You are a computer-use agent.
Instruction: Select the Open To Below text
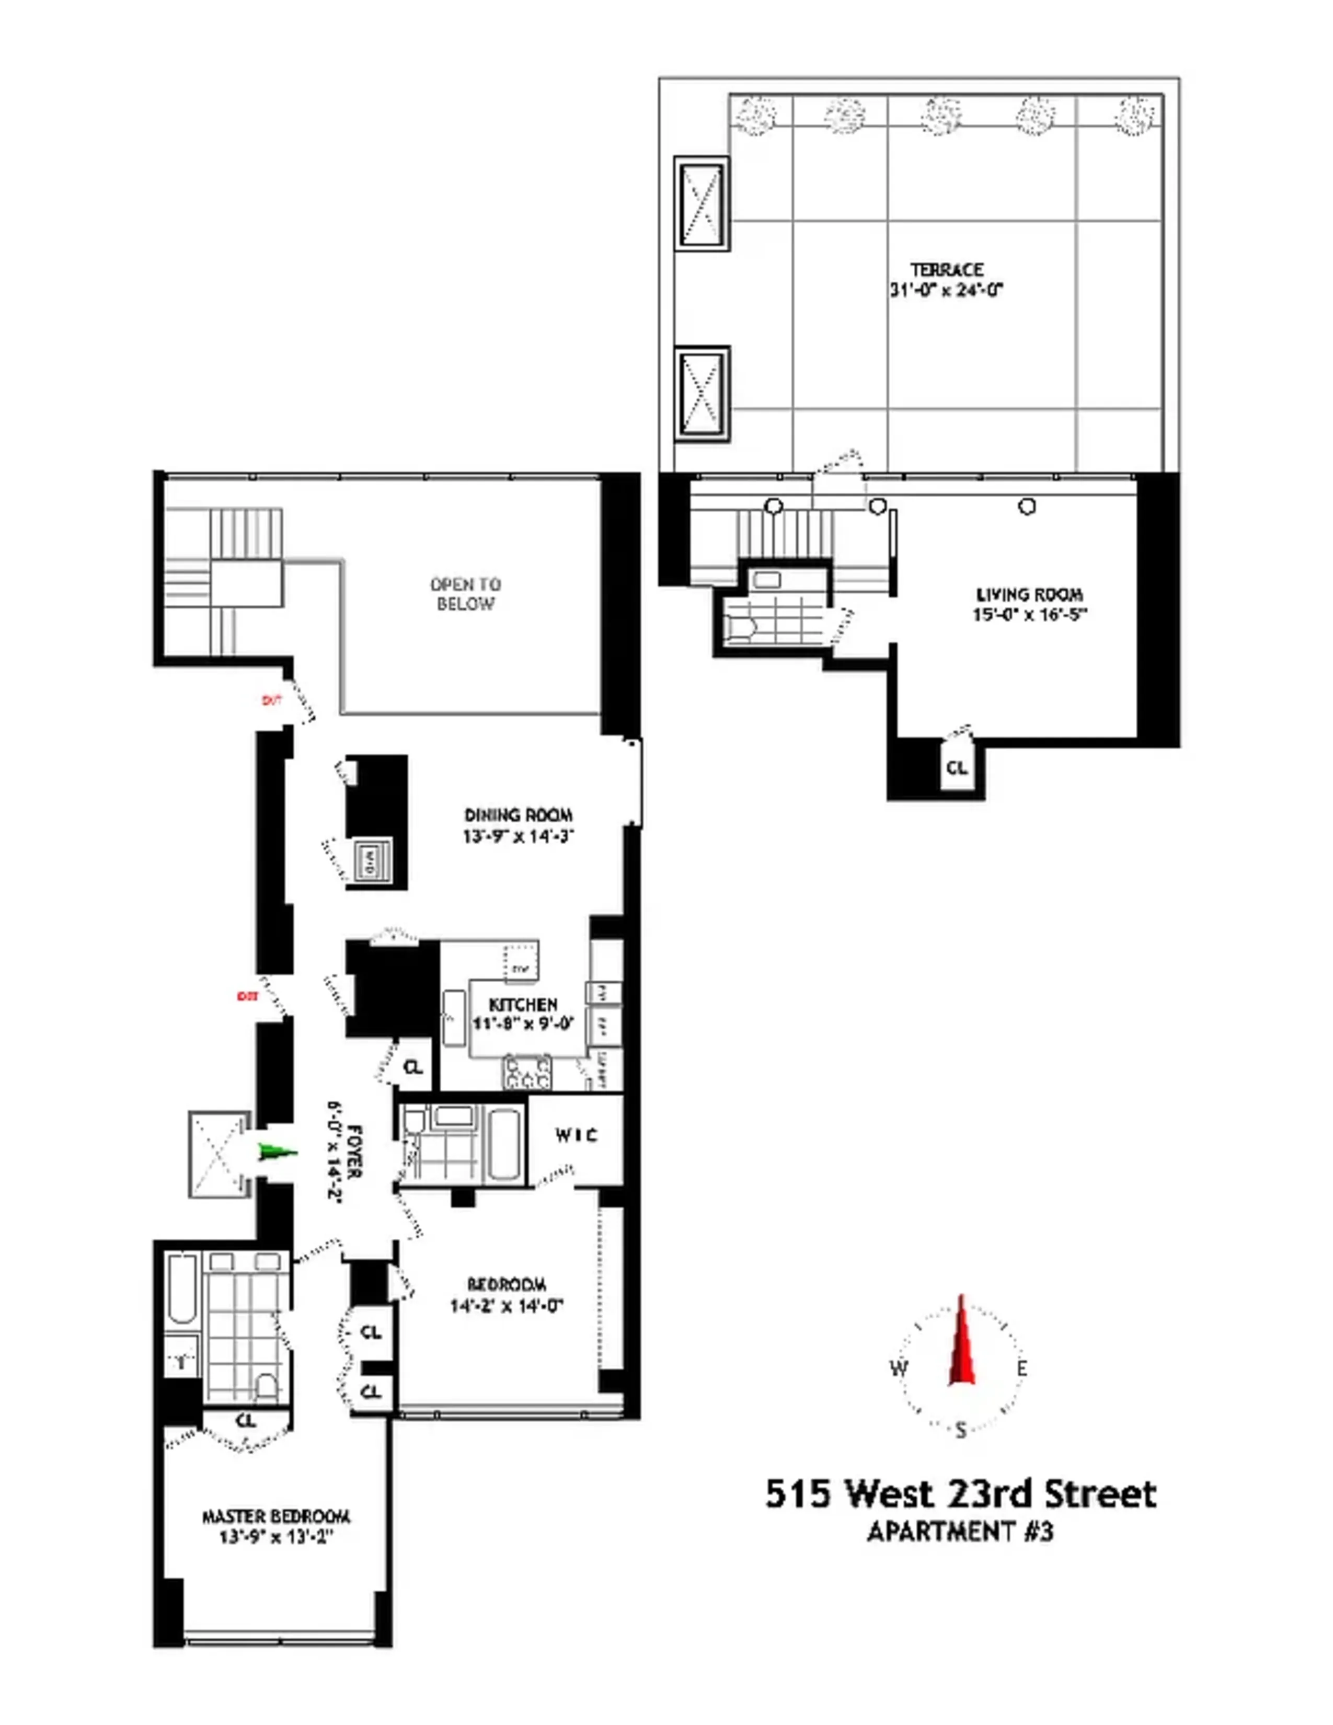coord(465,594)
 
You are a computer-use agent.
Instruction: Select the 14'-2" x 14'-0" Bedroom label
coord(506,1295)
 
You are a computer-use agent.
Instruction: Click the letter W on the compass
coord(899,1368)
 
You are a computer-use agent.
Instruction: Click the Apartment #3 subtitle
coord(960,1532)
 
